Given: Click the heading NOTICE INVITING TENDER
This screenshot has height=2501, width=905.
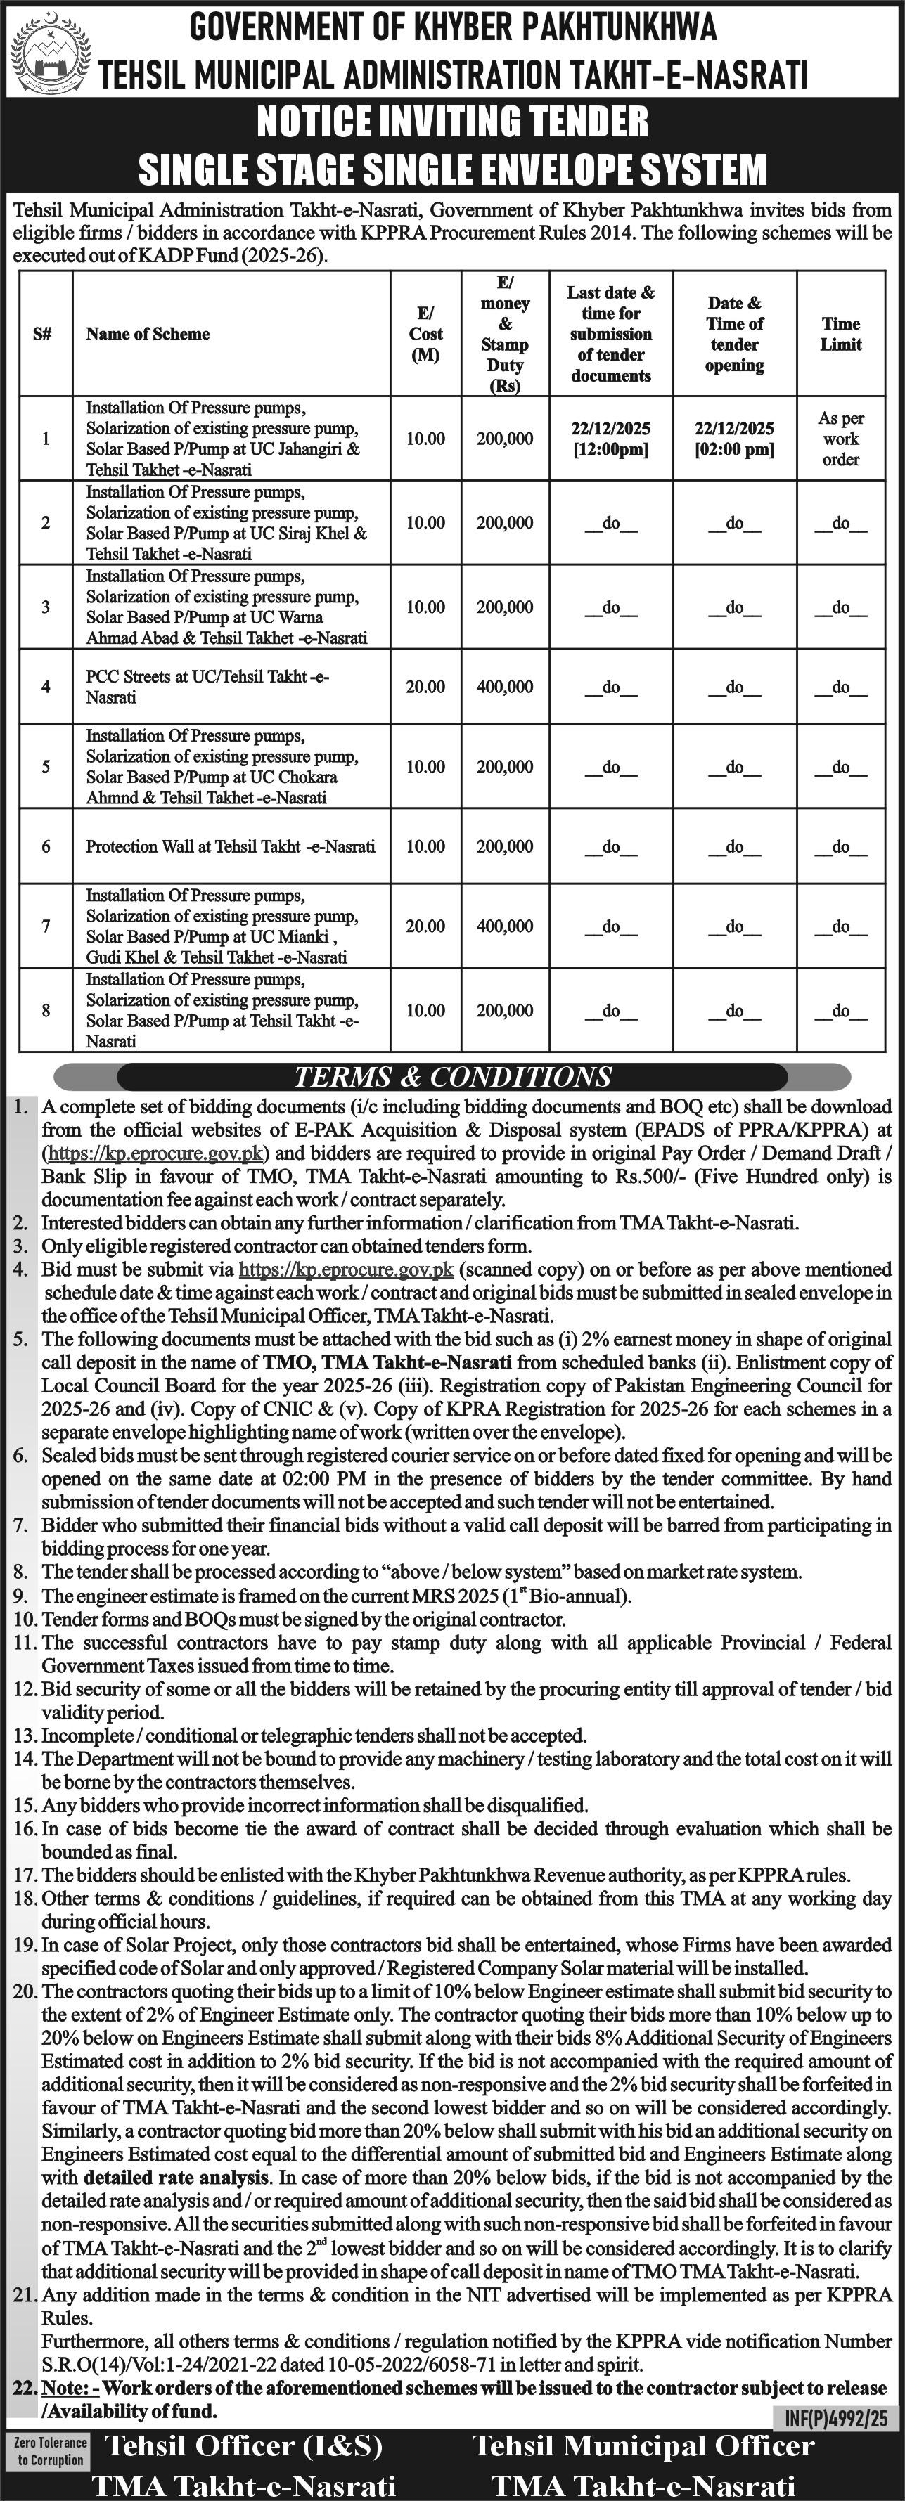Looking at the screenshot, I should point(453,122).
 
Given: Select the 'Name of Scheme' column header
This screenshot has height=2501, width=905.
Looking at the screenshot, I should point(148,334).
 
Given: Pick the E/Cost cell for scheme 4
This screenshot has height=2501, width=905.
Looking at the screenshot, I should point(425,687).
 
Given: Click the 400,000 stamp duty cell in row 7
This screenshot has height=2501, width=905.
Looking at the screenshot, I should point(504,926).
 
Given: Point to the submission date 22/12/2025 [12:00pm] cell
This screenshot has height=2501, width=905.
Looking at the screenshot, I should point(611,439).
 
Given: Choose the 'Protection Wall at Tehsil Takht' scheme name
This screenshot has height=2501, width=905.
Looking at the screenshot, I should point(230,846).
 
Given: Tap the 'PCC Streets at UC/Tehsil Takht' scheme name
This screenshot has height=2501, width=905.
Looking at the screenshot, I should point(207,687).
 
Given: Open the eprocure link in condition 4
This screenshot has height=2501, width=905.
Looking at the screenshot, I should point(346,1269).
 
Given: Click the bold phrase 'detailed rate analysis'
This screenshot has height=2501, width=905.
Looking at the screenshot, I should point(176,2178).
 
